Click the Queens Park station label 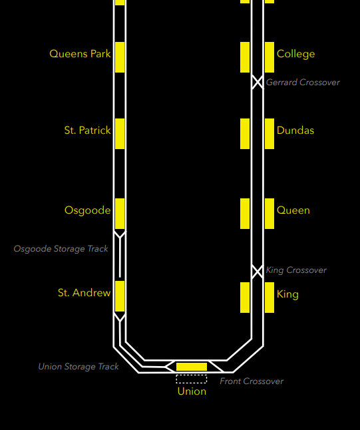[x=80, y=54]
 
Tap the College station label [x=296, y=54]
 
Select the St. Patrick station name [x=87, y=130]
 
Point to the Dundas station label [x=295, y=130]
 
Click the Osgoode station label [x=87, y=210]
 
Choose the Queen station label [x=293, y=210]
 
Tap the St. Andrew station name [x=84, y=293]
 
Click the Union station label [x=192, y=391]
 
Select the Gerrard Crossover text [x=303, y=83]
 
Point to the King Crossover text [x=296, y=270]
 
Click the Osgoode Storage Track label [x=61, y=249]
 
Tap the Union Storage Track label [x=79, y=367]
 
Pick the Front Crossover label [x=252, y=381]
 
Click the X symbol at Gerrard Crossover [x=258, y=82]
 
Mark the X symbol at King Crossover [x=258, y=272]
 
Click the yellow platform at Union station [x=192, y=367]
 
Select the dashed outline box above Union [x=192, y=379]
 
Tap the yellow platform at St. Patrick [x=120, y=134]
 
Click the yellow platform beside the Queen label [x=270, y=214]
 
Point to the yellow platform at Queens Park [x=120, y=57]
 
